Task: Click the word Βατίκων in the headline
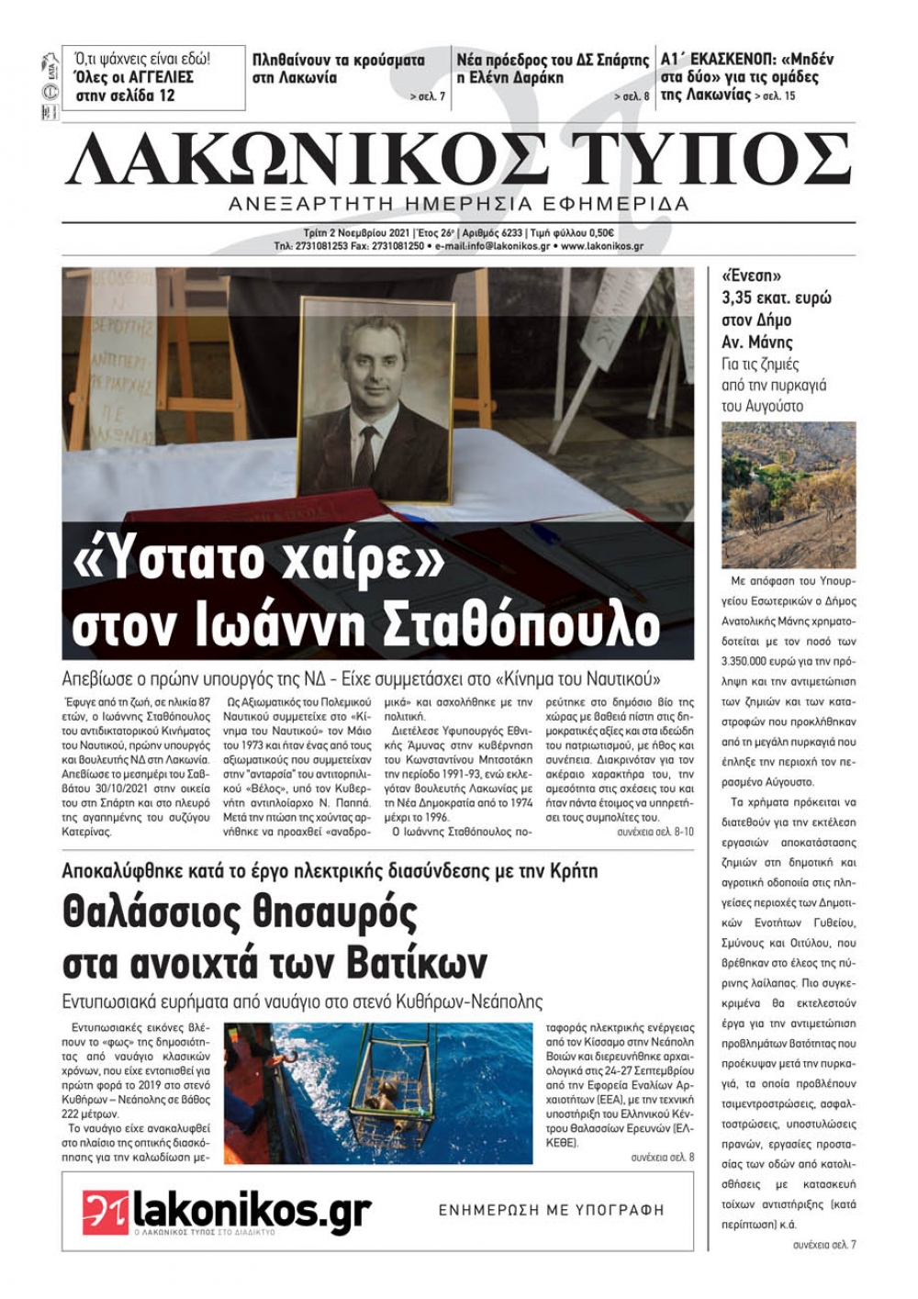(418, 963)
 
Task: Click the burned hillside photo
(789, 495)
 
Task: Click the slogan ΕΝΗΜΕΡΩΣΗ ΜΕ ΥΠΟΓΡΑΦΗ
(551, 1210)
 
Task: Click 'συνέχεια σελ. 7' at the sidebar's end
(823, 1244)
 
